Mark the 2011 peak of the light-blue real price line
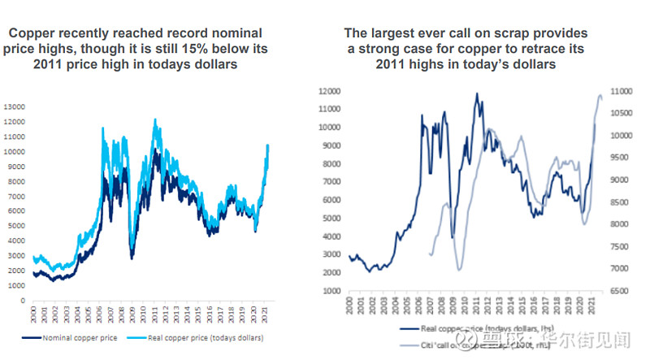point(154,119)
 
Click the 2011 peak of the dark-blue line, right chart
point(476,93)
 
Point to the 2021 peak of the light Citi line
point(600,95)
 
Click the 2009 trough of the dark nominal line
point(132,258)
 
